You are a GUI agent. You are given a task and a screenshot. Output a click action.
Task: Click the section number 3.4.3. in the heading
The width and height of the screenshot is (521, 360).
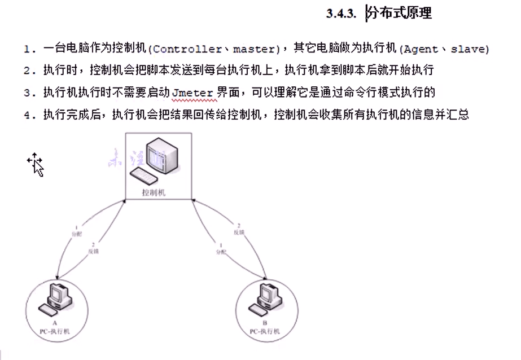(x=341, y=14)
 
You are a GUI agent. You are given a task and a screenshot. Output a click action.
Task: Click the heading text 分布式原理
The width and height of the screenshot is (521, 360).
(x=400, y=13)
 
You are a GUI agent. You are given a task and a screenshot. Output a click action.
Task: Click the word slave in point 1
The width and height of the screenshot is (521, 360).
(x=469, y=49)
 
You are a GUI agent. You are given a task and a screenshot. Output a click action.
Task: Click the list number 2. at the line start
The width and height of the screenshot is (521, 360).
(x=29, y=71)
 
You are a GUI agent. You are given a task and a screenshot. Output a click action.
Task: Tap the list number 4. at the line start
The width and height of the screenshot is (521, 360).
(x=29, y=115)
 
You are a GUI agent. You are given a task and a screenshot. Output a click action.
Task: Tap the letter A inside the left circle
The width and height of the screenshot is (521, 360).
(x=55, y=322)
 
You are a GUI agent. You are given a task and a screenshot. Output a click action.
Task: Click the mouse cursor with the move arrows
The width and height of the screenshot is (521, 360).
(x=35, y=164)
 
